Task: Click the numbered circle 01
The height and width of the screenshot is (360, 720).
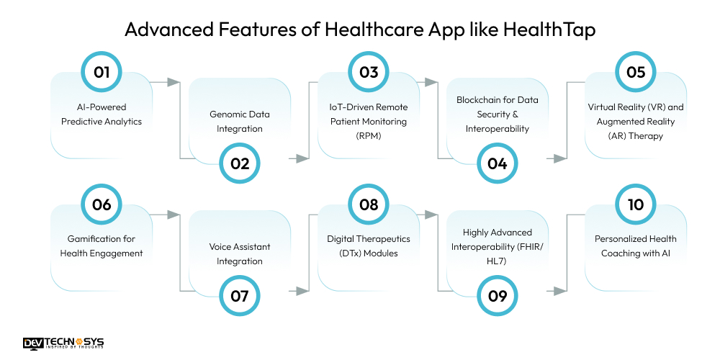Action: (102, 72)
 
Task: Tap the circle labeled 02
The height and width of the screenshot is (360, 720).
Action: (240, 163)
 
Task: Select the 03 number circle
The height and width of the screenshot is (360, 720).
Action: (369, 72)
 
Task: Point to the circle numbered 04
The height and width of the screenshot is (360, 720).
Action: (498, 163)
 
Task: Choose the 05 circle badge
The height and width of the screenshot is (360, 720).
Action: (635, 72)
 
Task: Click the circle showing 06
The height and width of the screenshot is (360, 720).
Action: (102, 204)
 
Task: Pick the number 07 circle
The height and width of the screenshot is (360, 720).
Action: (240, 296)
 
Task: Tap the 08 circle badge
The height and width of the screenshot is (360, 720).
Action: (369, 204)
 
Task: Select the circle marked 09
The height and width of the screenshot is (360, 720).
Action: (498, 296)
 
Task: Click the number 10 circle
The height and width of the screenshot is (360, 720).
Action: (635, 204)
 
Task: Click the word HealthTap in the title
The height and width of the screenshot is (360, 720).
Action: (555, 30)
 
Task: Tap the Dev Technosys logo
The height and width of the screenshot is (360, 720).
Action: (63, 344)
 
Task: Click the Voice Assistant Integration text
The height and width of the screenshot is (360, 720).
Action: (240, 254)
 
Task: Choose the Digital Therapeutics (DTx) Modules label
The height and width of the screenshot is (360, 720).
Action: (368, 246)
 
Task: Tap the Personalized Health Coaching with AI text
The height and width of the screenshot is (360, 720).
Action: (635, 246)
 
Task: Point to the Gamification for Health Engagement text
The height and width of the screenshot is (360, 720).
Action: (102, 246)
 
